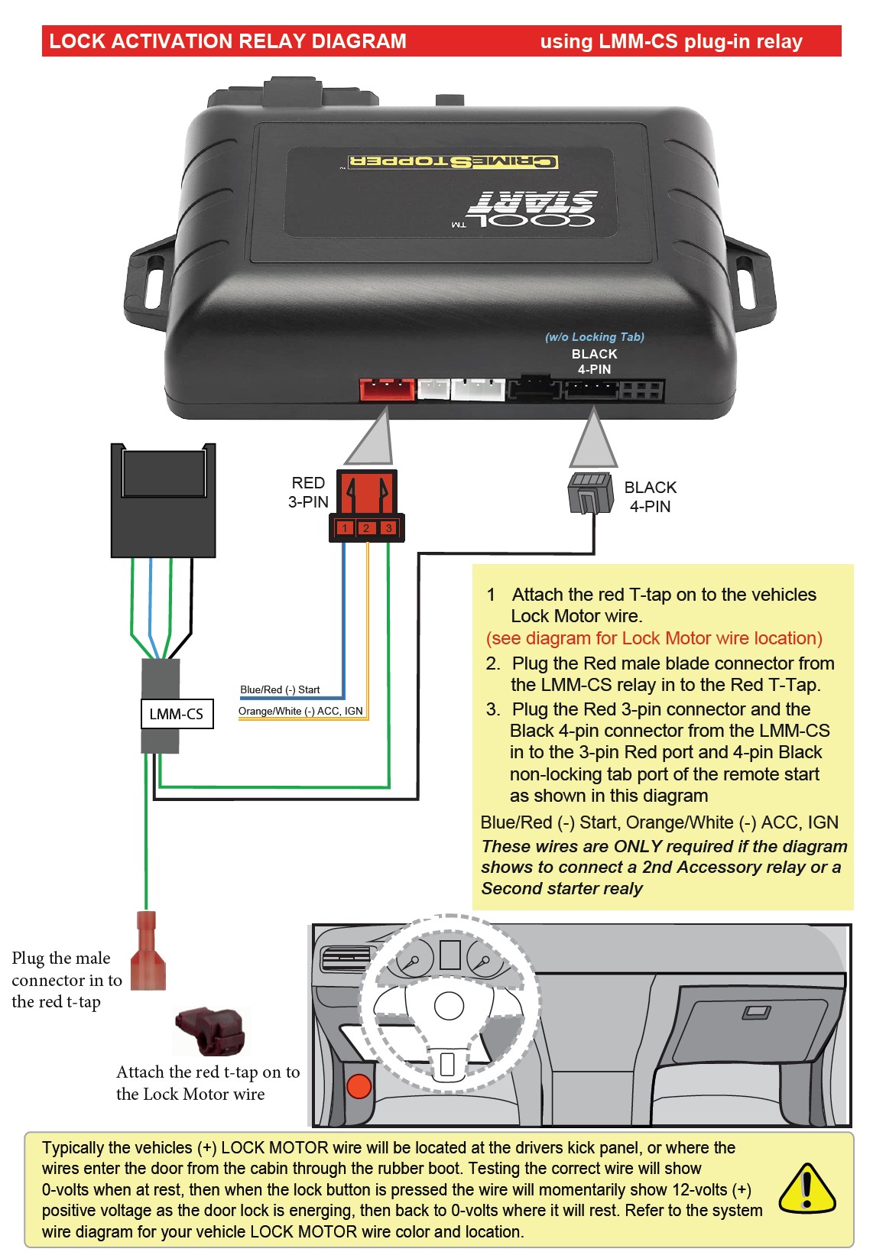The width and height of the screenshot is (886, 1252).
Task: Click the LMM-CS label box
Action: point(177,714)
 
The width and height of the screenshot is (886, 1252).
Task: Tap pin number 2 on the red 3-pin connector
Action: point(366,528)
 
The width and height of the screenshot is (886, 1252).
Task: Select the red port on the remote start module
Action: point(387,389)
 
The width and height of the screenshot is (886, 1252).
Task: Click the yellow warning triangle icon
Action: point(806,1190)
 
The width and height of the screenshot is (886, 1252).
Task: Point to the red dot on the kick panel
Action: point(359,1085)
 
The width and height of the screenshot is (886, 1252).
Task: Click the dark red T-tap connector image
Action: point(210,1030)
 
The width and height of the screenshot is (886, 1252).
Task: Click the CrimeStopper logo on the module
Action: point(453,161)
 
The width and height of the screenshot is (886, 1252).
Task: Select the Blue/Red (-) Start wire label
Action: point(280,689)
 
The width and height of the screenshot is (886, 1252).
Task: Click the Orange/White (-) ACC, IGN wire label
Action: point(300,711)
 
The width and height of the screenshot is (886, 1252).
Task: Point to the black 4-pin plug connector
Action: point(590,493)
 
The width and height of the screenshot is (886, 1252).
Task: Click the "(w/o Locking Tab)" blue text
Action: point(594,337)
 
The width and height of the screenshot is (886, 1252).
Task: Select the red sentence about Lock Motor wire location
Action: point(654,638)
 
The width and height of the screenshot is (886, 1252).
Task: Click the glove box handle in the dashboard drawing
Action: point(757,1013)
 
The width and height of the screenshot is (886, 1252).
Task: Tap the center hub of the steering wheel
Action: point(449,1006)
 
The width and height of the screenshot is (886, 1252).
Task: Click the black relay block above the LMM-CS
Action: point(163,501)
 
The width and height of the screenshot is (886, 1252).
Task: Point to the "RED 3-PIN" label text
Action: point(308,492)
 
